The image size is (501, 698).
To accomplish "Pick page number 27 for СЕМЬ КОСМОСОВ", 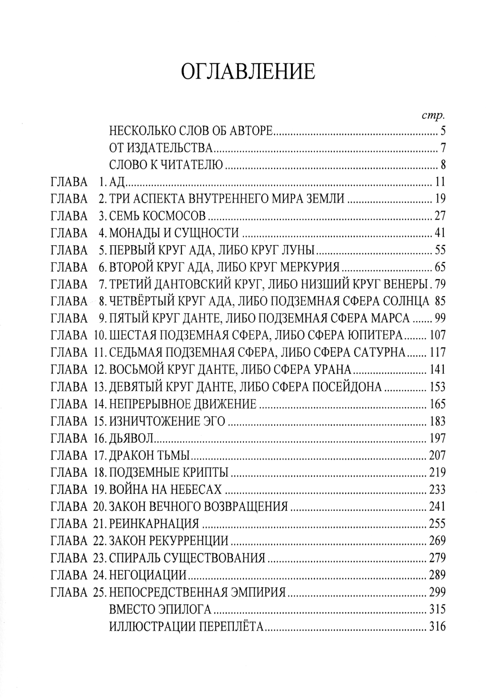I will click(440, 216).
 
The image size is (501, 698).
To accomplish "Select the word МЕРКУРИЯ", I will click(309, 267).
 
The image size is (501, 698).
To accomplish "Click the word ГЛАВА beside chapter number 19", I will click(69, 489).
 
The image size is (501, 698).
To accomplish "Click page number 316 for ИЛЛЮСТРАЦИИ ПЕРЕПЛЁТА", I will click(437, 626).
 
